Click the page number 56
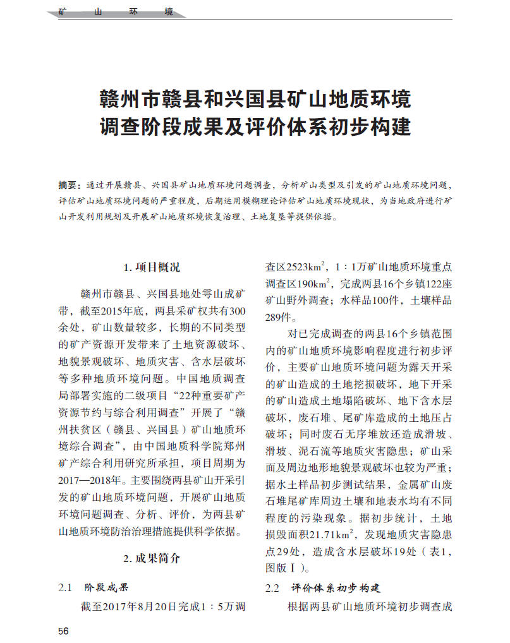click(x=63, y=631)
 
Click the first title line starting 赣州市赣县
click(x=255, y=99)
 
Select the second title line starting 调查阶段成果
click(x=255, y=128)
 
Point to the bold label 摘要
click(x=68, y=185)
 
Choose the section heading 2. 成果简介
click(x=152, y=558)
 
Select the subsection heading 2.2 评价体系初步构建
click(x=323, y=587)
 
